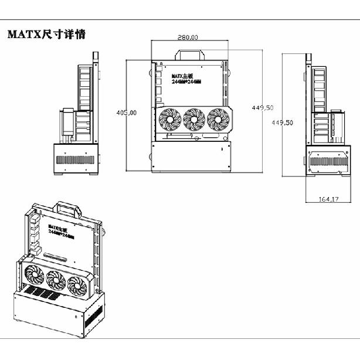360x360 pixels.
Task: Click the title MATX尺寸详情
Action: tap(46, 35)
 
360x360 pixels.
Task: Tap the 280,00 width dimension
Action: tap(188, 37)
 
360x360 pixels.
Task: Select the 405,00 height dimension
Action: tap(126, 112)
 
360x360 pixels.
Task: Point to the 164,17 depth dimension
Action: tap(329, 199)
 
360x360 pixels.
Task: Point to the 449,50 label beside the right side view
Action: tap(282, 123)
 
